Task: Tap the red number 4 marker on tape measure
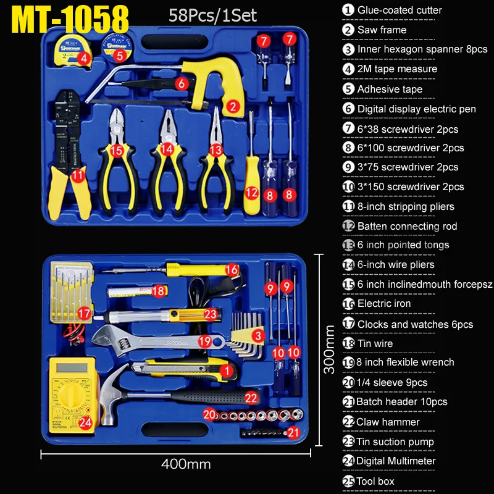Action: coord(84,60)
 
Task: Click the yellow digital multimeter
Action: coord(72,393)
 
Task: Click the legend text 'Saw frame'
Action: coord(382,30)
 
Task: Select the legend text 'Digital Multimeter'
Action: coord(396,461)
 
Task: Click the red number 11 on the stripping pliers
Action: coord(77,176)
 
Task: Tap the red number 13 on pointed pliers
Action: coord(215,149)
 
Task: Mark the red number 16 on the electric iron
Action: coord(232,269)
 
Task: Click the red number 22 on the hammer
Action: coord(251,398)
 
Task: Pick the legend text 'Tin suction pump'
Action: coord(395,442)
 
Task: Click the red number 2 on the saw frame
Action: coord(233,106)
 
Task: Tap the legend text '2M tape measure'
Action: coord(397,69)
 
